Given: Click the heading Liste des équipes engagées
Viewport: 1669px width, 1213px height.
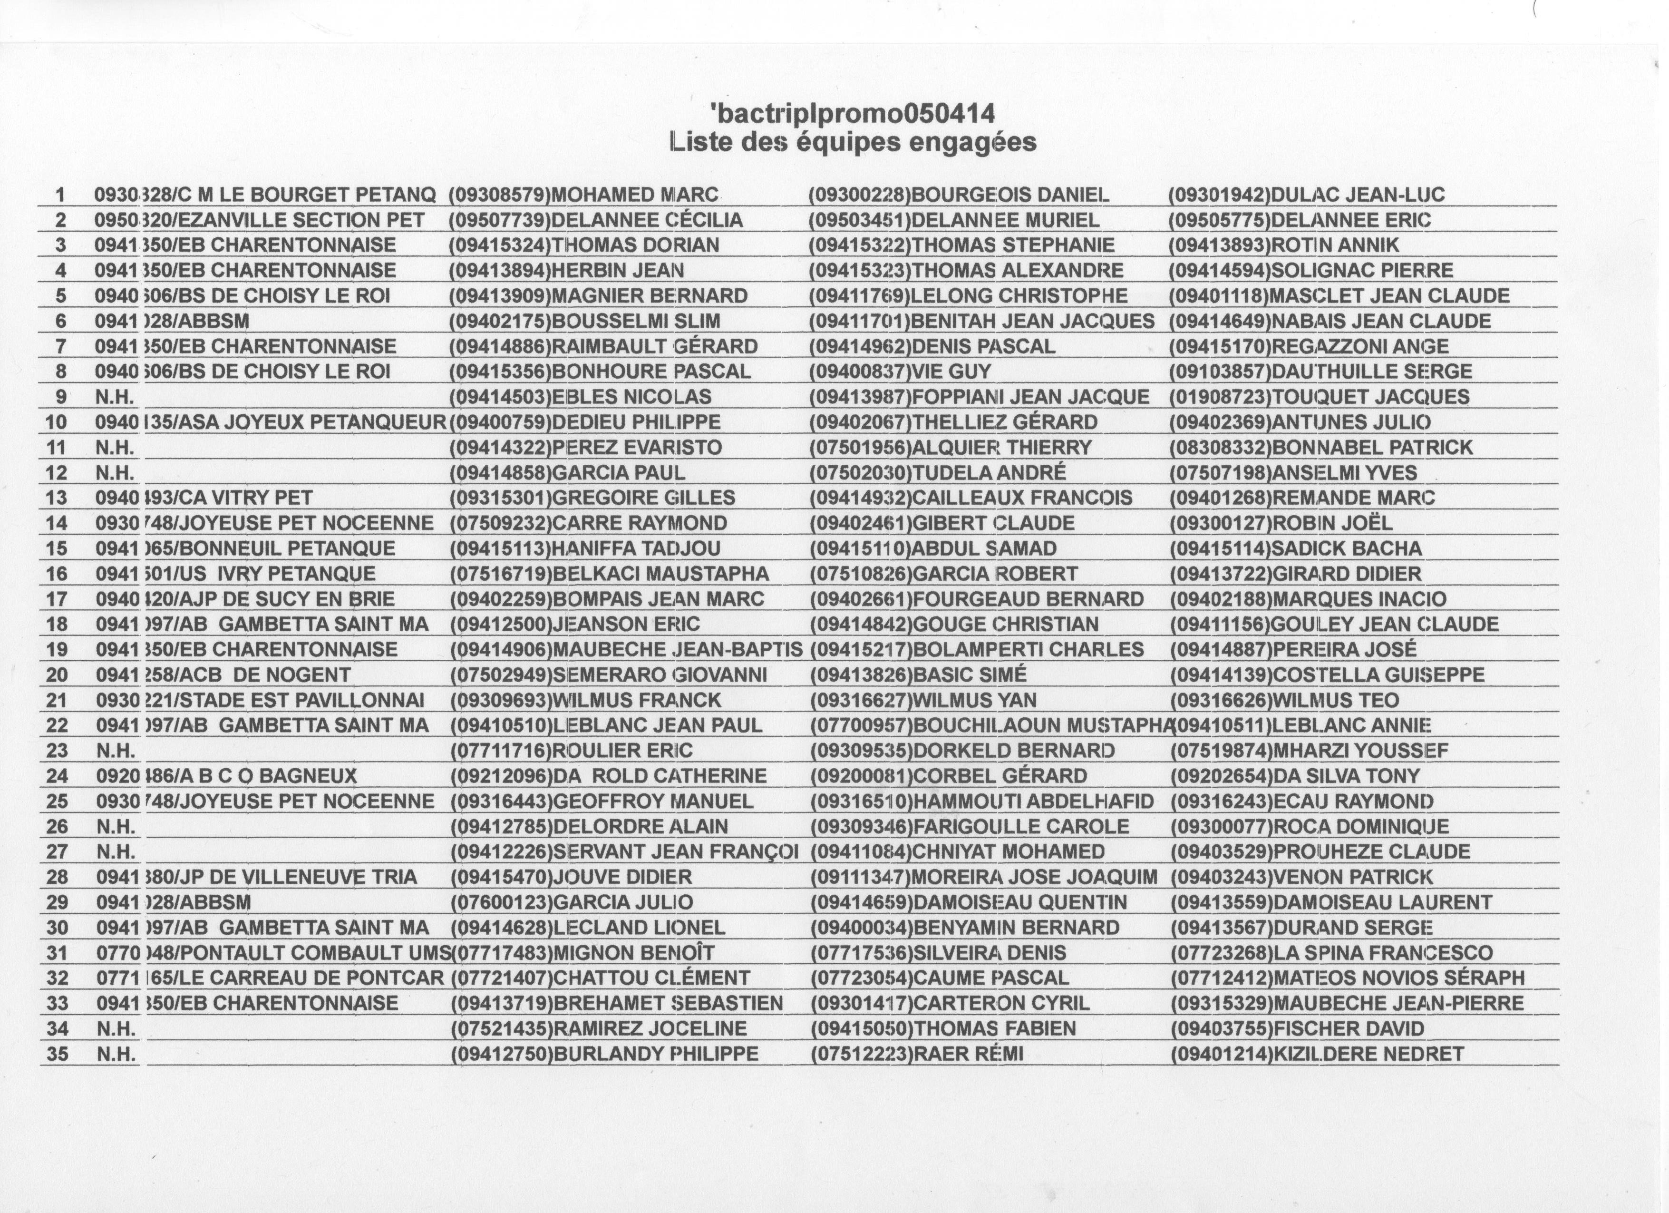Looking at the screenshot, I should click(x=853, y=141).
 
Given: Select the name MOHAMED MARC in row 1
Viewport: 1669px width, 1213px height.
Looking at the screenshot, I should click(x=634, y=195).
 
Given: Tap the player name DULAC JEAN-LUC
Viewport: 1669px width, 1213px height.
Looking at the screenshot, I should click(x=1358, y=195).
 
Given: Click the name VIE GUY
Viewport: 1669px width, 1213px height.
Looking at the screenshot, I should click(x=951, y=372).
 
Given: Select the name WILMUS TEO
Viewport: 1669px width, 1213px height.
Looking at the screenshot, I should click(x=1335, y=700).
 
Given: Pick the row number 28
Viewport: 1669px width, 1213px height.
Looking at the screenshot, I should click(x=57, y=877).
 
